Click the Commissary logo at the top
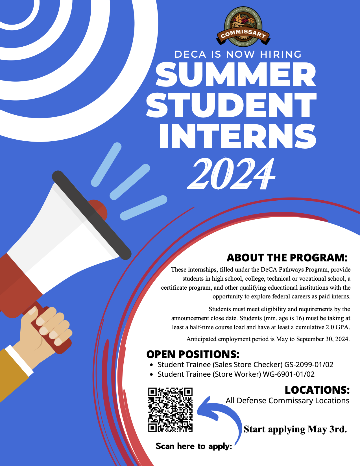[243, 26]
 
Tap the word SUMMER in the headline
[236, 74]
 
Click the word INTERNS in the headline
[238, 136]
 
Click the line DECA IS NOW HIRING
[238, 54]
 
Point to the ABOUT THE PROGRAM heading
[287, 257]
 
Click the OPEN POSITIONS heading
[193, 354]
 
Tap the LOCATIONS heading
[317, 390]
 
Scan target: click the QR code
[170, 409]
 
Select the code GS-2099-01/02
[309, 365]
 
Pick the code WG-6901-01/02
[289, 374]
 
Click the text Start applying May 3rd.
[295, 429]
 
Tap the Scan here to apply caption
[194, 446]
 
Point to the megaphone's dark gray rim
[92, 215]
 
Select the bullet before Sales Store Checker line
[152, 365]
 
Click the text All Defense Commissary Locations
[287, 401]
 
